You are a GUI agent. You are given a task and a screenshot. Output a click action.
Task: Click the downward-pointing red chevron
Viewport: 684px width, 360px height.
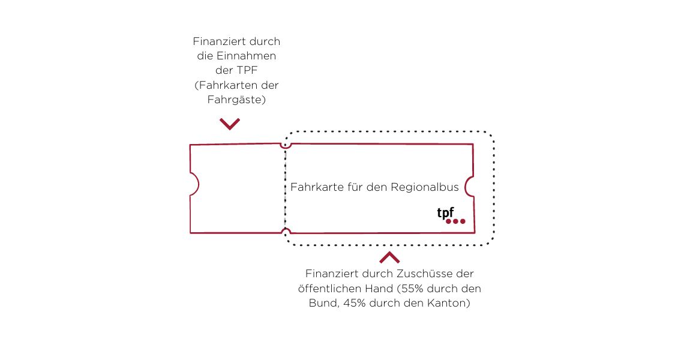pos(230,124)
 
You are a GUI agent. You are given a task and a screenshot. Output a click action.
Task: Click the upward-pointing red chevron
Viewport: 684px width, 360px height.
pos(389,257)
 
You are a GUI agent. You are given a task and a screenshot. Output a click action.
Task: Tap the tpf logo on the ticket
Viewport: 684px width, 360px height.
pos(451,216)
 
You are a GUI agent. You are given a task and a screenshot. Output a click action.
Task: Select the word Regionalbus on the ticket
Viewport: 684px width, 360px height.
pos(424,188)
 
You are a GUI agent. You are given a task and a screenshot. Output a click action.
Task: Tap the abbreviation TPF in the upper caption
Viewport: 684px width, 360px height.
pos(247,70)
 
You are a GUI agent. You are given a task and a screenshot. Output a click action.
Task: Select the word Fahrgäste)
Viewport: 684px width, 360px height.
pos(236,100)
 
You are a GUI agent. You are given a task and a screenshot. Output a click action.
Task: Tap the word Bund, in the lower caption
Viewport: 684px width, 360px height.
pos(324,303)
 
